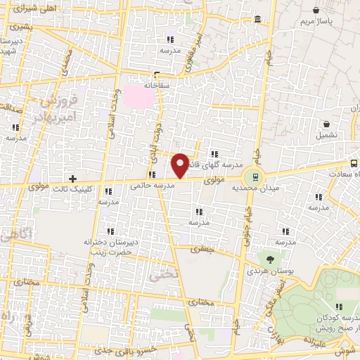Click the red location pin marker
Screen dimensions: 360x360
(180, 165)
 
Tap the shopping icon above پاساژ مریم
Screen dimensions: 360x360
(316, 10)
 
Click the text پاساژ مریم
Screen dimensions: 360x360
(314, 22)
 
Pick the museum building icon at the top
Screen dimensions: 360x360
(258, 18)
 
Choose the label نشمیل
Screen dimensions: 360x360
(326, 134)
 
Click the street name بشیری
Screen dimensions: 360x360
(20, 27)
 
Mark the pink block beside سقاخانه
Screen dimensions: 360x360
(137, 97)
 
